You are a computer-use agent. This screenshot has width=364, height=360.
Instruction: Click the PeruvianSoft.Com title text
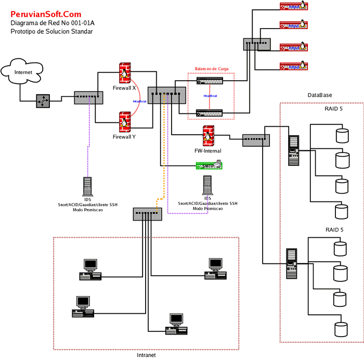click(46, 14)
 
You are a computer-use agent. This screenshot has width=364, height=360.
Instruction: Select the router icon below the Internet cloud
click(43, 101)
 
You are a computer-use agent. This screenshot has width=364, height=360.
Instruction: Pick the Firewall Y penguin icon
click(124, 122)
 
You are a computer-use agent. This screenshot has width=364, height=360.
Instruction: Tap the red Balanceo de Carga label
click(212, 69)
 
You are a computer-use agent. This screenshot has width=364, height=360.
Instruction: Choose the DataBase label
click(320, 95)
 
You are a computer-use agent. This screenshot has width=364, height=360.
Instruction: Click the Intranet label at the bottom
click(146, 354)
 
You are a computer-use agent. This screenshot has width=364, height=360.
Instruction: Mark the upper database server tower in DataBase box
click(294, 150)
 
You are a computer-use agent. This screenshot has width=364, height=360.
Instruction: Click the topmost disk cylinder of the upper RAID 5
click(342, 135)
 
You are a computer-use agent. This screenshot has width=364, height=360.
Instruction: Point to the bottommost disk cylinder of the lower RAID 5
click(341, 329)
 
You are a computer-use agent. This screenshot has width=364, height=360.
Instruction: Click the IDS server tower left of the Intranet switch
click(87, 186)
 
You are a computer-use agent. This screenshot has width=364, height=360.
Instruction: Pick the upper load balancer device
click(210, 81)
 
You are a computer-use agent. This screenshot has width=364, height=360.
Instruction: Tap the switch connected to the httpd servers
click(256, 44)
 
